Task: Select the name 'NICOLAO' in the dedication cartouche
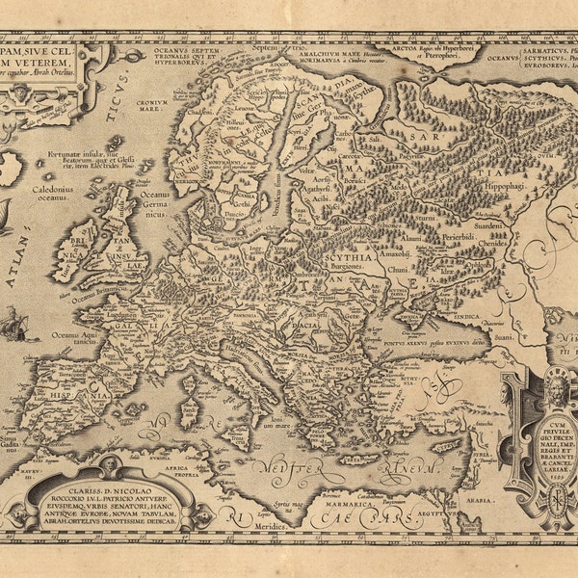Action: (x=119, y=487)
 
